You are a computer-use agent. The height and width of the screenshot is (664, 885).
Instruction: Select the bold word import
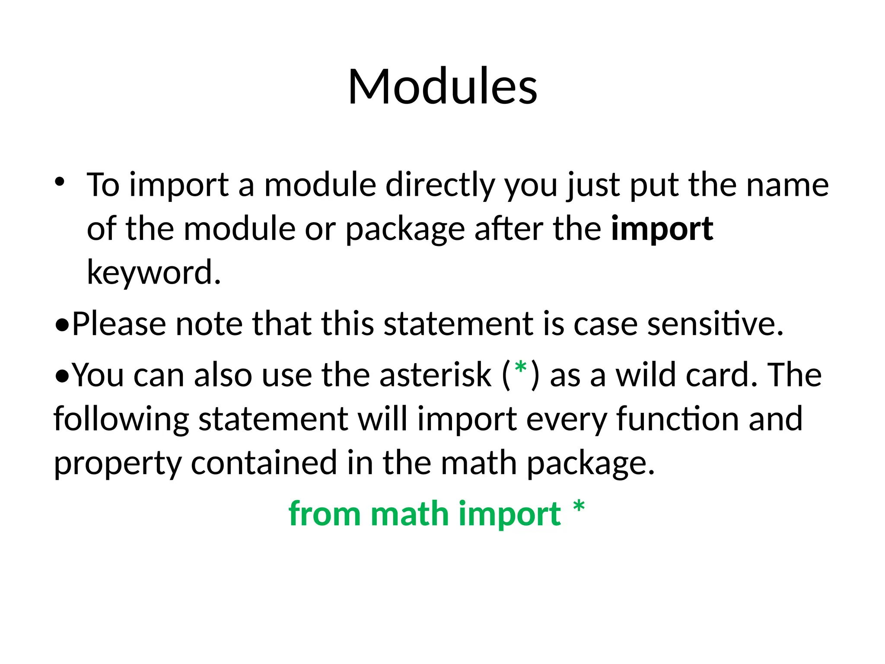(x=662, y=229)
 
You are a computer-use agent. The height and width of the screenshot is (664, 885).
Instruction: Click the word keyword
(x=153, y=272)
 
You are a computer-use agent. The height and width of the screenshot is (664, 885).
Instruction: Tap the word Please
(x=119, y=324)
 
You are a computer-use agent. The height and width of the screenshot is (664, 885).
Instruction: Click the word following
(x=121, y=419)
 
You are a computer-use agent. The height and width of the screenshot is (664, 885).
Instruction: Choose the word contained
(x=264, y=463)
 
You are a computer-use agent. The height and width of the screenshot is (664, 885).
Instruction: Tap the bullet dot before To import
(x=60, y=181)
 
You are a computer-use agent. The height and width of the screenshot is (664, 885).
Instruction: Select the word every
(x=567, y=419)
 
